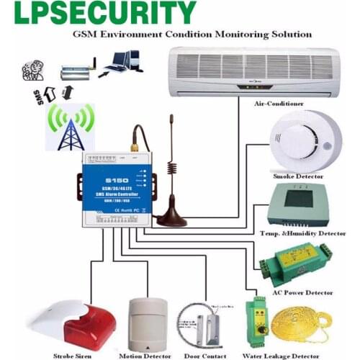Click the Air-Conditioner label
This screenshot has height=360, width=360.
tap(278, 104)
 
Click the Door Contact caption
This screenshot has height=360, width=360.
tap(207, 355)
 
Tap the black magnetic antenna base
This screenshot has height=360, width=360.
tap(172, 216)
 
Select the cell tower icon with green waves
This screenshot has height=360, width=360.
tap(69, 127)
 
